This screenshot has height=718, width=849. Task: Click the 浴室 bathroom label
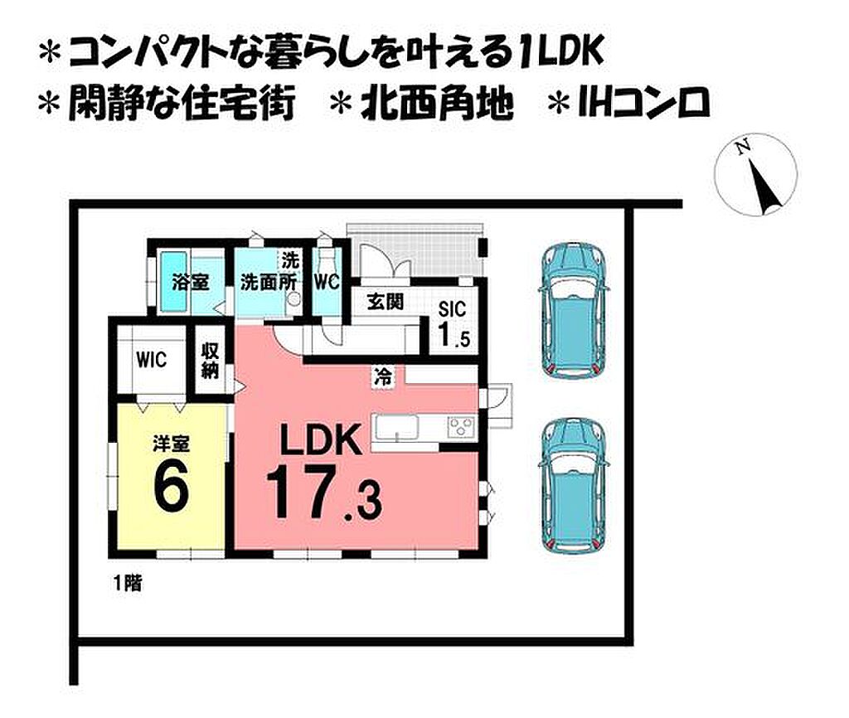coord(191,282)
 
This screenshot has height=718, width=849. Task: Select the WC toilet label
coord(327,282)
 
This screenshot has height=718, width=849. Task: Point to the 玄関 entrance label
coord(385,302)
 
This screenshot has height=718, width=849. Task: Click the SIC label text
coord(452,309)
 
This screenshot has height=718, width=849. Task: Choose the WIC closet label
coord(152,360)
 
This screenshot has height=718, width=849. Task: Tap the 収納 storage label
coord(210,361)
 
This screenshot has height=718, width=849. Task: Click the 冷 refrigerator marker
coord(383,376)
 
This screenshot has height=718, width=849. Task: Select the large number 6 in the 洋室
coord(171,485)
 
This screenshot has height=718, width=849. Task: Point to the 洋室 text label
coord(171,444)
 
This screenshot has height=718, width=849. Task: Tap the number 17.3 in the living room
coord(324,492)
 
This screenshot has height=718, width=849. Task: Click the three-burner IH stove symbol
coord(461,426)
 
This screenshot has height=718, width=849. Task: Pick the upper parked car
coord(574,311)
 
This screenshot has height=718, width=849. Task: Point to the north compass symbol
coord(756,174)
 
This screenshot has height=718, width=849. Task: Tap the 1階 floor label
coord(128,583)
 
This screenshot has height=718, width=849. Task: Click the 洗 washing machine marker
coord(290,260)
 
